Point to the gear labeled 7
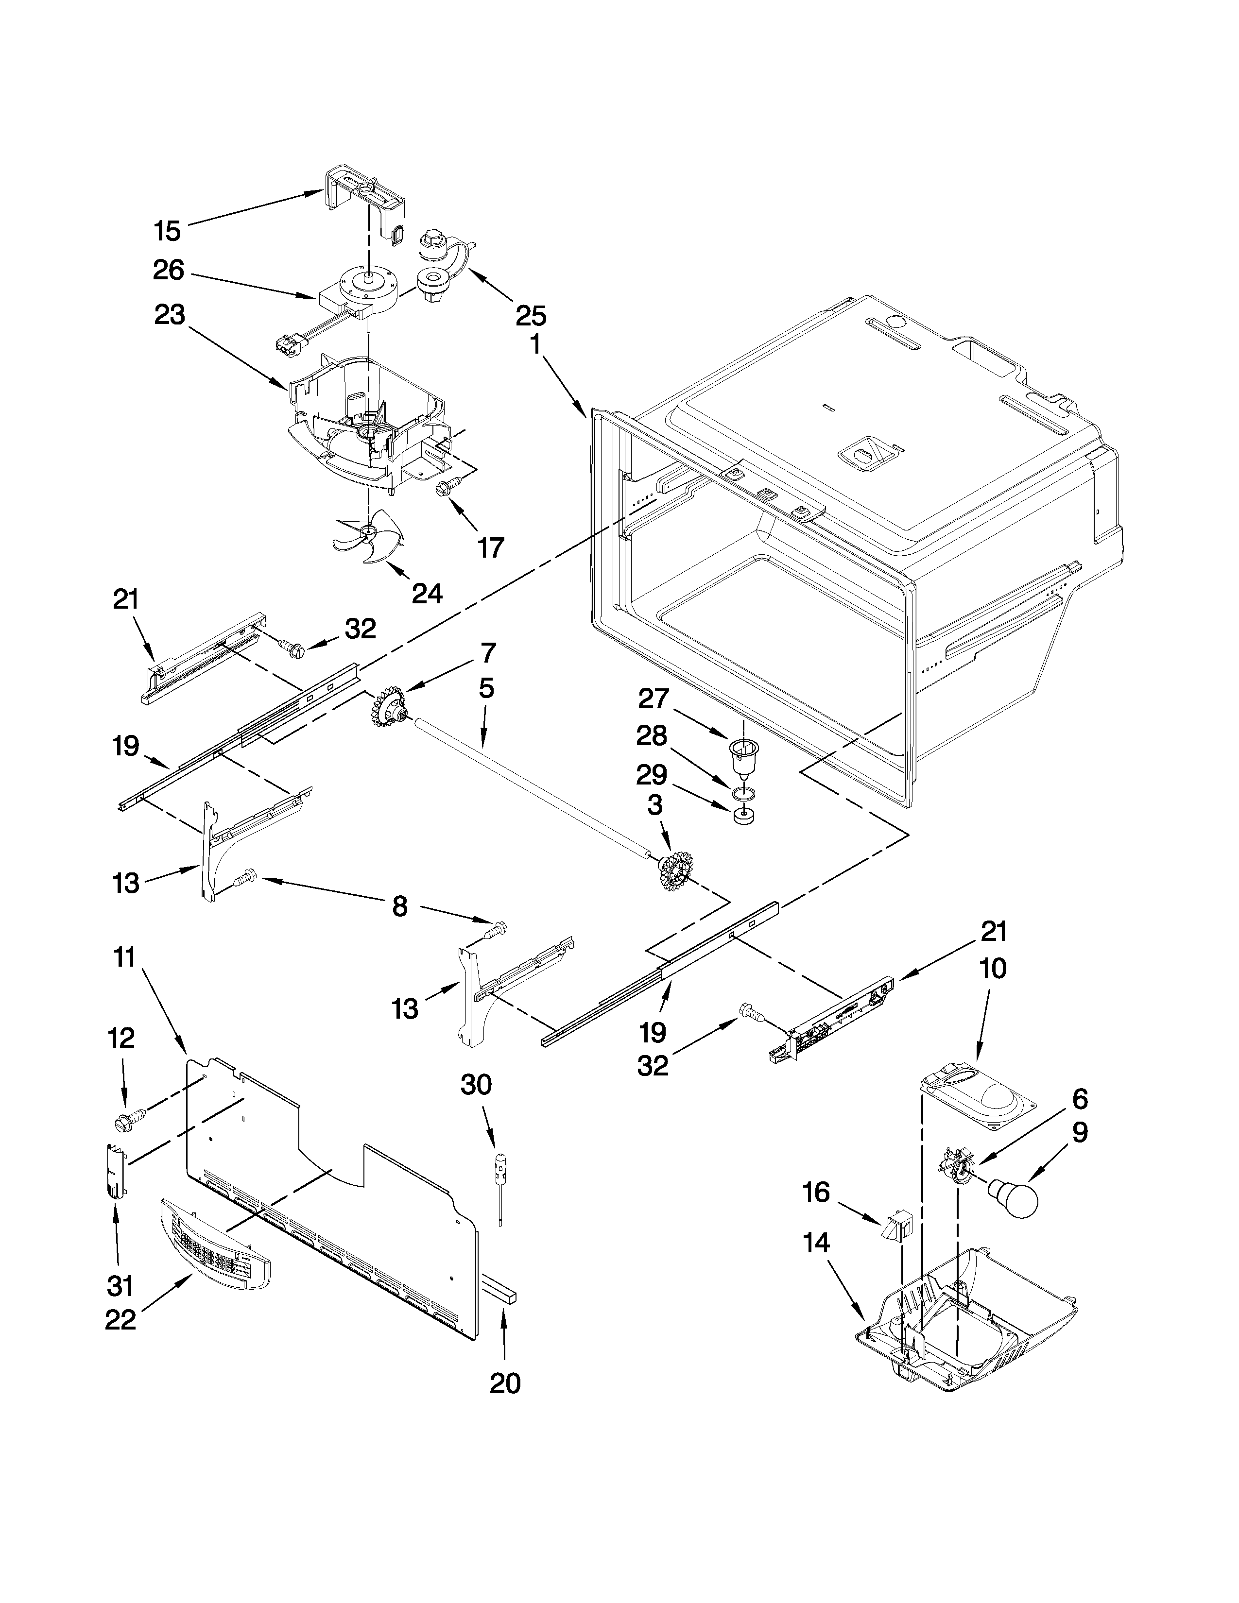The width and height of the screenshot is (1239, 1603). coord(393,709)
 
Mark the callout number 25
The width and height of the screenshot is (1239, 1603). coord(531,316)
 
